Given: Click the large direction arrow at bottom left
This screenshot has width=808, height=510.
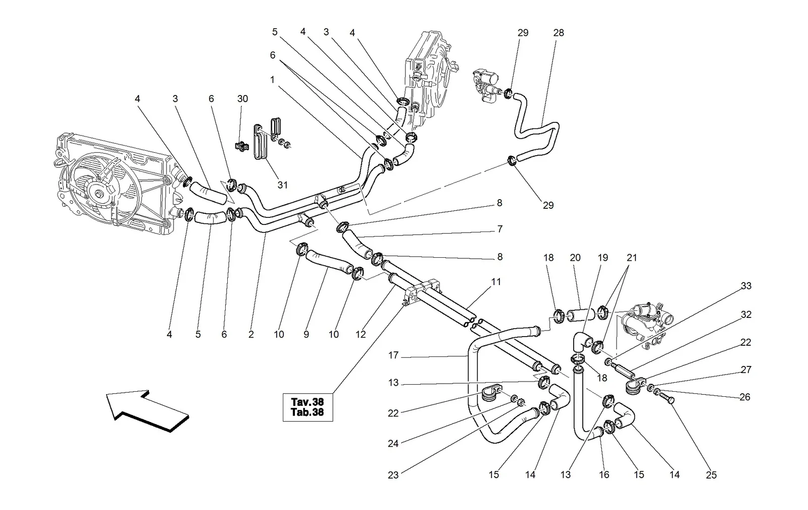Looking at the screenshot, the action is [x=147, y=411].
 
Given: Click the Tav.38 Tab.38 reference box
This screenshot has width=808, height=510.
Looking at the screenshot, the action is [x=308, y=407].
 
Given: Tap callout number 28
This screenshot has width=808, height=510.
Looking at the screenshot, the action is [x=559, y=33].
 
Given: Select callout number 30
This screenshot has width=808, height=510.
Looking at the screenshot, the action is [x=242, y=99].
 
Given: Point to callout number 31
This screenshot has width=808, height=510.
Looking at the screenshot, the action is [x=282, y=185].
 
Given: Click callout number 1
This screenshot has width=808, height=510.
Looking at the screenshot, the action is [x=272, y=79].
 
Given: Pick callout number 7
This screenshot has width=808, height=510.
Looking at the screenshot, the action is [x=500, y=229].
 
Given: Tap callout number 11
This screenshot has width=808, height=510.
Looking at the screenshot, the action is [x=496, y=282].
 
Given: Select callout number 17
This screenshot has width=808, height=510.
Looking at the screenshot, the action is [x=393, y=355].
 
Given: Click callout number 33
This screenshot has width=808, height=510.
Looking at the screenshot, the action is [x=746, y=286].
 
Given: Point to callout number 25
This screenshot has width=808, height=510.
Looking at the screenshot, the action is [x=711, y=475].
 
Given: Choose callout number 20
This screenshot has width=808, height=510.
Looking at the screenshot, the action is [x=575, y=258].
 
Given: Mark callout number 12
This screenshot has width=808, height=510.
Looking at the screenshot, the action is [x=361, y=335].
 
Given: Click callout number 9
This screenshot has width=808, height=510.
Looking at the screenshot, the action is [x=306, y=335].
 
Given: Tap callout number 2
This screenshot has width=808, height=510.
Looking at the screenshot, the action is [x=251, y=335].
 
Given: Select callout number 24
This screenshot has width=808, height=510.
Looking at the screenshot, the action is [x=393, y=444].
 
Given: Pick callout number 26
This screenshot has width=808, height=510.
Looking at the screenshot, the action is [x=744, y=397].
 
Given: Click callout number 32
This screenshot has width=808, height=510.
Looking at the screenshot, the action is [x=746, y=315].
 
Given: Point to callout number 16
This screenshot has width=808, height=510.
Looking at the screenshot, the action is [x=604, y=475].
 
